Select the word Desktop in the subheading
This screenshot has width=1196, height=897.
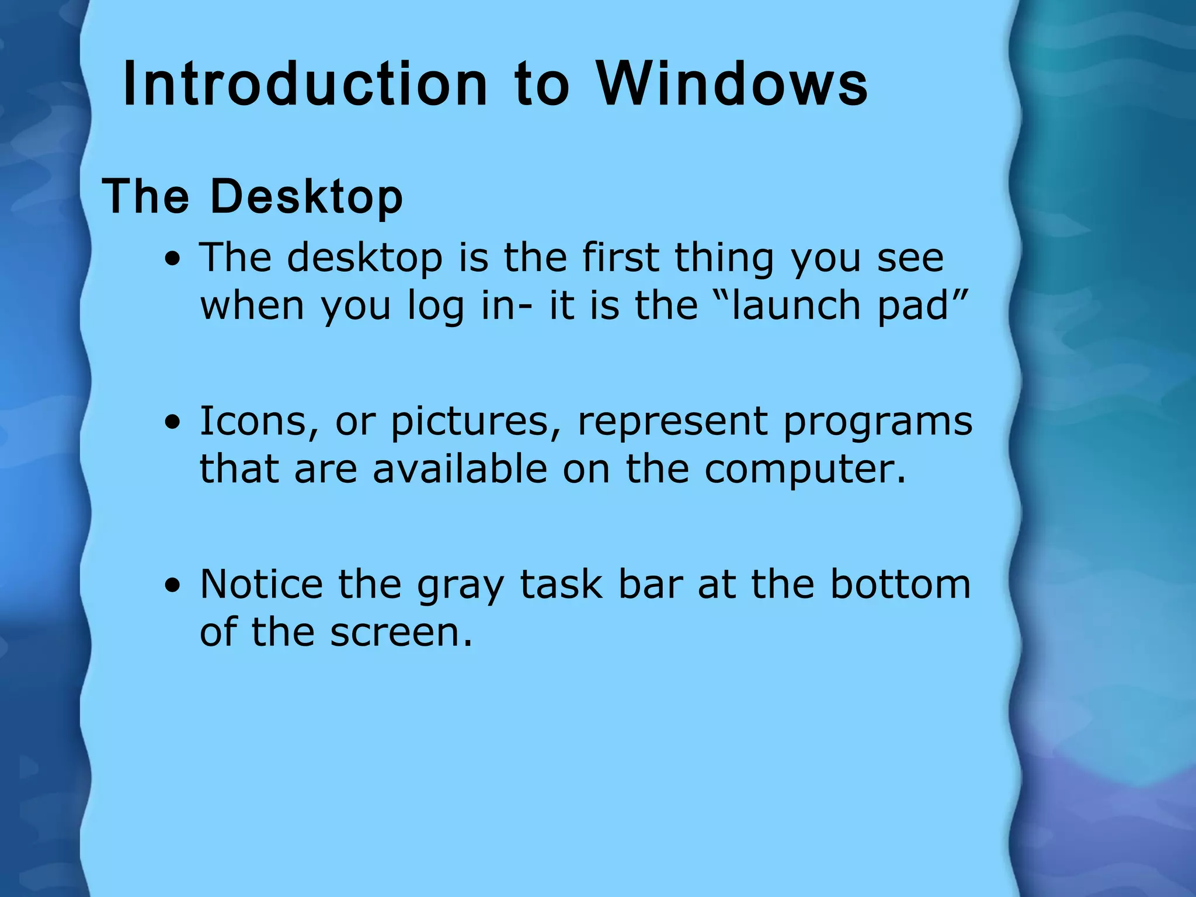[306, 197]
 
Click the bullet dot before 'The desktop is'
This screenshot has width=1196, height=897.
[173, 259]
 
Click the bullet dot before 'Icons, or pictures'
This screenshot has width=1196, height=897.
[173, 422]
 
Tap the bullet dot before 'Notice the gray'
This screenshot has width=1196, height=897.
[173, 586]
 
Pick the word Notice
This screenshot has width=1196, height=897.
[261, 585]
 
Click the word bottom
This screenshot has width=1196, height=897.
[901, 585]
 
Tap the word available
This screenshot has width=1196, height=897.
[460, 469]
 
